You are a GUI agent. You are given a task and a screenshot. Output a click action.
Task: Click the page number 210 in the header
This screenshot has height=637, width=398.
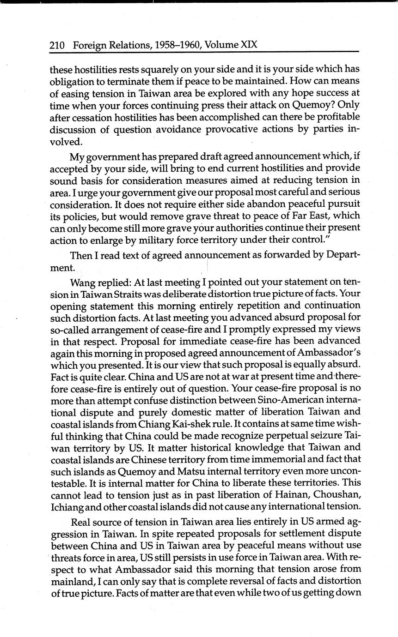(x=57, y=45)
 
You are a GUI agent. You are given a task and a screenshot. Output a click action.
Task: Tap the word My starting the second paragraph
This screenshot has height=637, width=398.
(x=76, y=156)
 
